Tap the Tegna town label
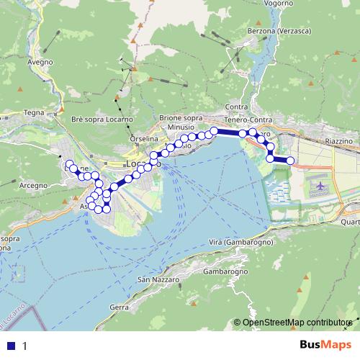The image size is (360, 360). [x=34, y=112]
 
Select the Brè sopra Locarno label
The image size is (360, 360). [x=103, y=118]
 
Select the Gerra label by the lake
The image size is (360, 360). [x=120, y=307]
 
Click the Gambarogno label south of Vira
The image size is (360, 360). [x=225, y=272]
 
